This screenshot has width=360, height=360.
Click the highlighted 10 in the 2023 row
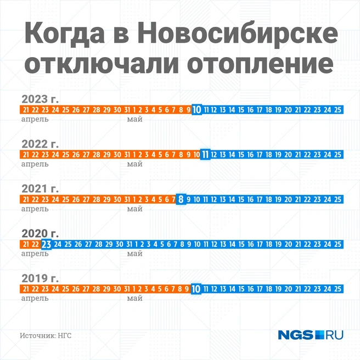click(x=197, y=110)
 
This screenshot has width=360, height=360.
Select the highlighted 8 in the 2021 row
click(x=181, y=199)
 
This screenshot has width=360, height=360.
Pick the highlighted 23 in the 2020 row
click(x=47, y=244)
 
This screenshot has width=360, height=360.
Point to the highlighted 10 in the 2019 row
click(x=197, y=289)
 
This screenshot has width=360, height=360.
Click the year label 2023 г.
click(x=40, y=99)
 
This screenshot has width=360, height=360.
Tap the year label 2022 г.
click(x=40, y=144)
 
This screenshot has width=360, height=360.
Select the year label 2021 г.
click(x=40, y=189)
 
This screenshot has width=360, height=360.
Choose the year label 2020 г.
click(x=40, y=234)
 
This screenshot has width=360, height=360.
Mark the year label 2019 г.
click(x=40, y=278)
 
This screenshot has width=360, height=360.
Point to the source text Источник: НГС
click(x=46, y=335)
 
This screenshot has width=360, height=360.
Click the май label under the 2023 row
click(x=134, y=119)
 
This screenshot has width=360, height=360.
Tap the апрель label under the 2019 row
click(x=35, y=299)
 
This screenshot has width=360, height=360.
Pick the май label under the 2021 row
click(x=134, y=209)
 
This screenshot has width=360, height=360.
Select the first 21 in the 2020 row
click(x=25, y=244)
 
